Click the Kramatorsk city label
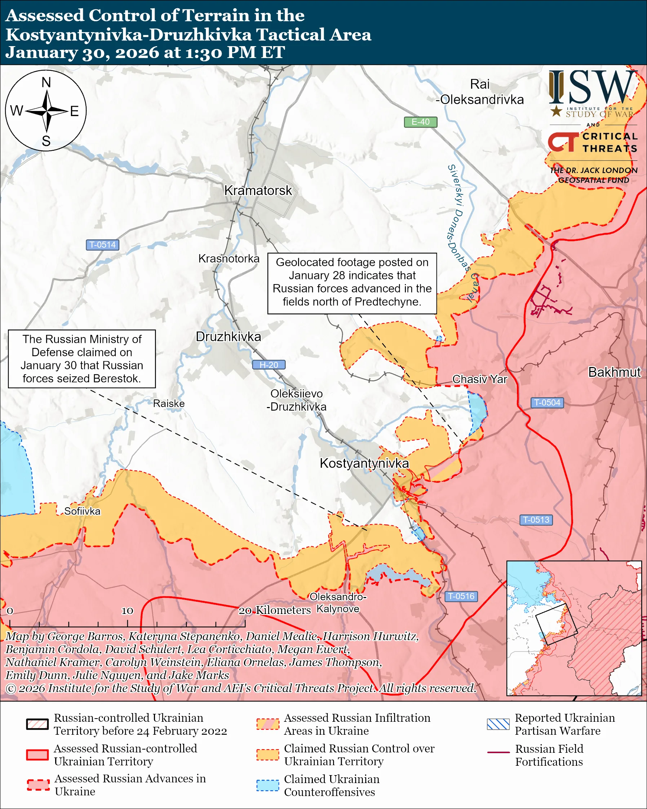click(258, 191)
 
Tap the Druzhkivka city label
click(229, 337)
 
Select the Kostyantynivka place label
click(364, 463)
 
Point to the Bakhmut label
click(614, 372)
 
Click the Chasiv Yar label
click(479, 379)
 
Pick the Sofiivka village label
click(82, 511)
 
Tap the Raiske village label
click(169, 403)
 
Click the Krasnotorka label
click(229, 258)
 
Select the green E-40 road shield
click(420, 122)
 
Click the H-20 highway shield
click(269, 365)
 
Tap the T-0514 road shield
click(102, 245)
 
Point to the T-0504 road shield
click(547, 403)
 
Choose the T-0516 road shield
click(461, 596)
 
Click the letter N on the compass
click(46, 83)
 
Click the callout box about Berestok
click(82, 359)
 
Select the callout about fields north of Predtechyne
click(352, 283)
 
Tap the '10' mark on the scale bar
click(127, 610)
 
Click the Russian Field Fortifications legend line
click(498, 752)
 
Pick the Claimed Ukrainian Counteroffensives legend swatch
click(267, 785)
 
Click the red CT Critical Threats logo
click(563, 142)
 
